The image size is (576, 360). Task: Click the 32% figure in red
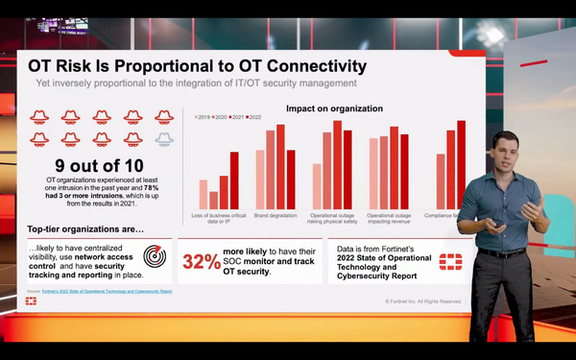tap(201, 262)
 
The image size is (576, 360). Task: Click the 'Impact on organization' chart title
tap(334, 108)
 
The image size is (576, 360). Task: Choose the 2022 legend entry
tap(253, 117)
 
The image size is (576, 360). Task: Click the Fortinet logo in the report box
tap(450, 262)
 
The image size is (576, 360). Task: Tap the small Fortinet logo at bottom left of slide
tap(32, 300)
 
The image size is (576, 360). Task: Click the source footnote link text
tap(100, 290)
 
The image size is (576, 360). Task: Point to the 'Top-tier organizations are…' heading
tap(85, 229)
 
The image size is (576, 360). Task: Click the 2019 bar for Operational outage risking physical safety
tap(316, 189)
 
